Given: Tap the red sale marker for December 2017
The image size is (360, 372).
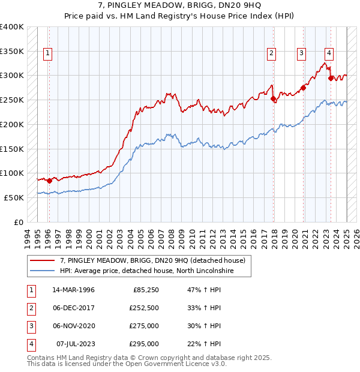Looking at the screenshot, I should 273,99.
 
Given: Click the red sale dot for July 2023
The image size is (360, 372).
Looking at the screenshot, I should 331,78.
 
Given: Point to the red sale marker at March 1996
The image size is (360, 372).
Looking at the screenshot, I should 49,181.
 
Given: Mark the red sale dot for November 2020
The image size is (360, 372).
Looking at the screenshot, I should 304,88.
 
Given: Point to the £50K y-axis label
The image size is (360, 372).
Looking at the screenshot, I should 14,197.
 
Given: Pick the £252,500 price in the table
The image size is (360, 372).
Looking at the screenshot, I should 144,308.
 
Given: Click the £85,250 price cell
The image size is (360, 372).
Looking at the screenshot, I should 146,290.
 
